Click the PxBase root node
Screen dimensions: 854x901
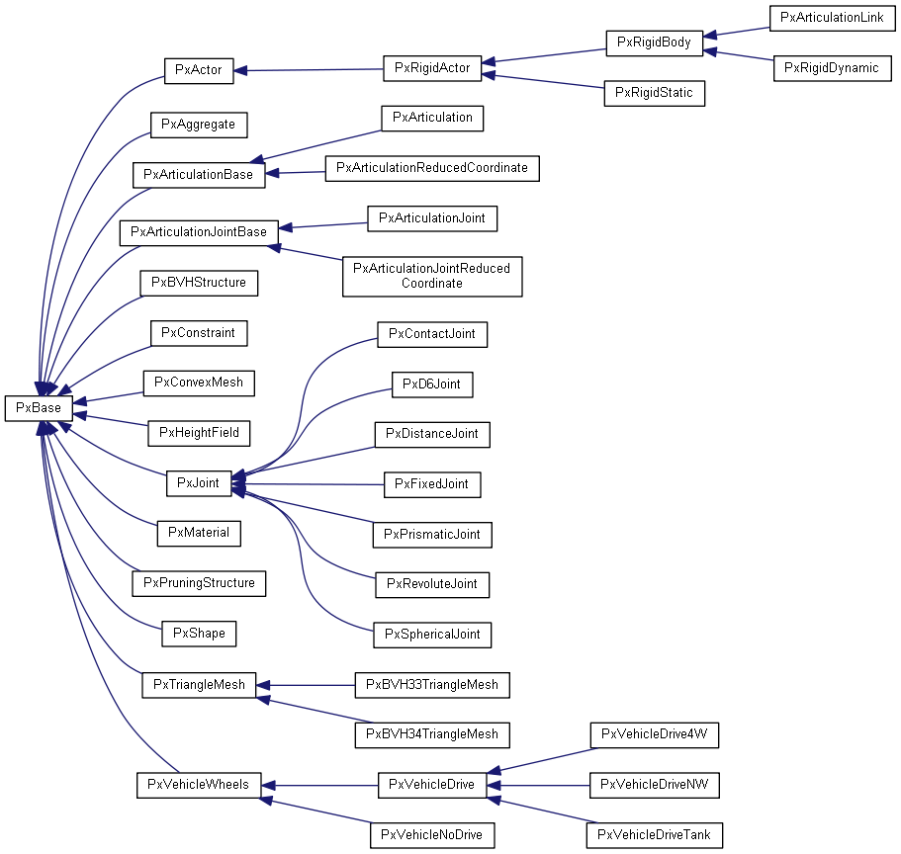[38, 407]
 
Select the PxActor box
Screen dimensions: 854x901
[198, 70]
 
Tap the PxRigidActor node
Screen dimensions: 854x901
[432, 68]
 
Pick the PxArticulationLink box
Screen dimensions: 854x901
[832, 18]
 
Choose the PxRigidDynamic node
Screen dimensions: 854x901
[832, 68]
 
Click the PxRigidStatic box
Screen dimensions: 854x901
[654, 93]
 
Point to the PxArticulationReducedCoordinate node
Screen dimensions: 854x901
[432, 168]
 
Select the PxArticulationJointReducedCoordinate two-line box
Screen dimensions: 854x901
[432, 276]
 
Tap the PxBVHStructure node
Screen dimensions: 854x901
[199, 283]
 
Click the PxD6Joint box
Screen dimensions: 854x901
[432, 384]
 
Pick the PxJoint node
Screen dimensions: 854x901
[198, 483]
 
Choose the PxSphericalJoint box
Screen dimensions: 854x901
[432, 634]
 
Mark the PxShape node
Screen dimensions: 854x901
[199, 633]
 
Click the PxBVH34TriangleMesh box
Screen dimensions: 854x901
[432, 734]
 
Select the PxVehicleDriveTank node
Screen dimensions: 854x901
[654, 835]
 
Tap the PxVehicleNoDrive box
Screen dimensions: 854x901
[432, 835]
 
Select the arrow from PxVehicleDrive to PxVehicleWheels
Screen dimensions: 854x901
[320, 786]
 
